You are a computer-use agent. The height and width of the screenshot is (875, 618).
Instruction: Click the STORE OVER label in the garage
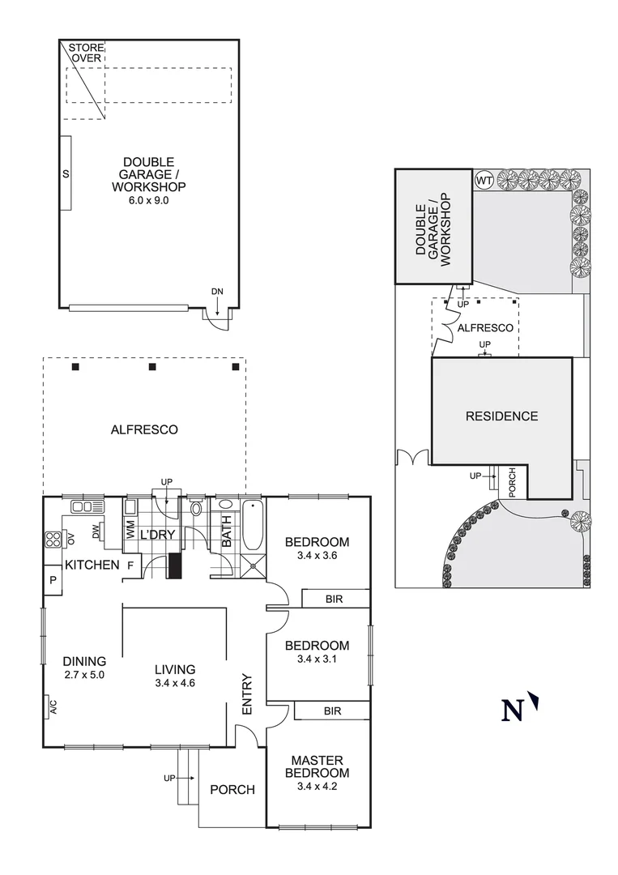tap(86, 53)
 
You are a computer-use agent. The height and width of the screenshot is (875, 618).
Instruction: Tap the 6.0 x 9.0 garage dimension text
tap(148, 201)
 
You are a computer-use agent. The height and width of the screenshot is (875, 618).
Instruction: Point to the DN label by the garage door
tap(217, 291)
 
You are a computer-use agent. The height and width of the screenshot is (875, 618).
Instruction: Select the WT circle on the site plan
tap(484, 179)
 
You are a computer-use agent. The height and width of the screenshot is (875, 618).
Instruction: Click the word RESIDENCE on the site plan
tap(501, 416)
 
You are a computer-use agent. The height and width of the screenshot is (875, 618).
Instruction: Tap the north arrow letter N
tap(512, 711)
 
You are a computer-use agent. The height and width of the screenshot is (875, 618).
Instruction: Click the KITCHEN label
tap(92, 565)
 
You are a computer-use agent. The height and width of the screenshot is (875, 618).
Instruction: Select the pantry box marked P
tap(53, 580)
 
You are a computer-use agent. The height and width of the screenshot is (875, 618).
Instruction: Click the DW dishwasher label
tap(96, 532)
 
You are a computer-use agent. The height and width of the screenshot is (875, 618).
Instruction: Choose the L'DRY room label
tap(158, 536)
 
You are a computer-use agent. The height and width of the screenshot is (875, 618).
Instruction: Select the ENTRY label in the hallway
tap(247, 694)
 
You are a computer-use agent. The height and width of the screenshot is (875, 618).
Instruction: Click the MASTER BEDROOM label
tap(317, 766)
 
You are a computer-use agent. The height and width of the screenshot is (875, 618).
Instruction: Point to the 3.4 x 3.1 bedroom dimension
tap(317, 659)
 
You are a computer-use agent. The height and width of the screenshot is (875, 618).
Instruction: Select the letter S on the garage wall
tap(66, 174)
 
